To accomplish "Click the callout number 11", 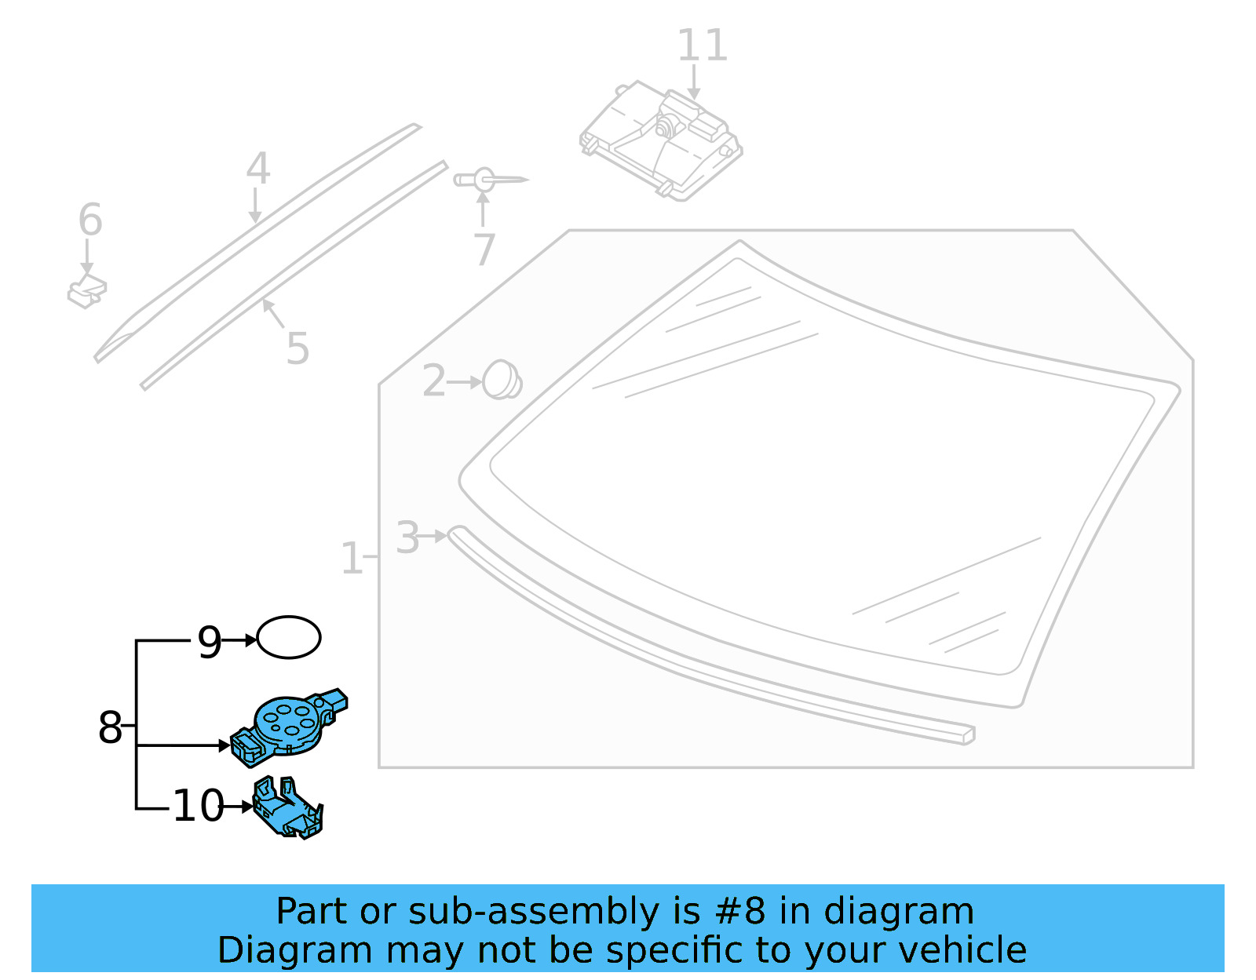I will tap(702, 46).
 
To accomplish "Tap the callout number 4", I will tap(257, 169).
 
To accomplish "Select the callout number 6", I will tap(90, 220).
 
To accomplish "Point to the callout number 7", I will tap(484, 250).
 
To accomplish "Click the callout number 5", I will tap(298, 348).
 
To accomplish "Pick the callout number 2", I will tap(433, 382).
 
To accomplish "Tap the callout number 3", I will tap(407, 538).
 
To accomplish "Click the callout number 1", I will tap(351, 559).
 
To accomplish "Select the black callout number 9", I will tap(209, 643).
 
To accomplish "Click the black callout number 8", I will tap(110, 727).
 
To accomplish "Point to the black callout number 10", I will tap(198, 806).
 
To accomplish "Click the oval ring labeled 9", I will tap(289, 637).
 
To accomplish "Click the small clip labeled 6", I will tap(87, 292).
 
